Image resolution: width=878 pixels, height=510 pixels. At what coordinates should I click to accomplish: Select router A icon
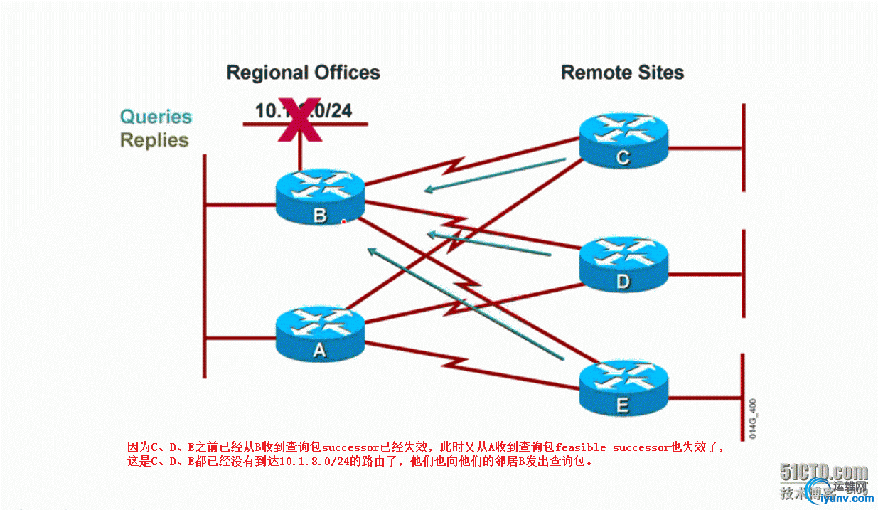[x=320, y=333]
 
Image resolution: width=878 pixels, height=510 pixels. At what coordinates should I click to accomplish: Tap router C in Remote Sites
[x=623, y=141]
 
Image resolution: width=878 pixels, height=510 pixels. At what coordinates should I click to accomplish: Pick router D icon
[x=623, y=264]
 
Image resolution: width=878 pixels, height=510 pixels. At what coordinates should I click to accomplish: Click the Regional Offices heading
[x=303, y=73]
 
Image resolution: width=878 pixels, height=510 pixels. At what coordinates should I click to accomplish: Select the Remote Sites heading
[x=622, y=73]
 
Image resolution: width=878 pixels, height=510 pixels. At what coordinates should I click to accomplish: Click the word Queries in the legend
[x=156, y=117]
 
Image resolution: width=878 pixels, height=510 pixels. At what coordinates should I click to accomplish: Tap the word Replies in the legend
[x=154, y=140]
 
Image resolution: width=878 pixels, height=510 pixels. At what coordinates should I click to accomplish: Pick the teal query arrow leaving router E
[x=465, y=302]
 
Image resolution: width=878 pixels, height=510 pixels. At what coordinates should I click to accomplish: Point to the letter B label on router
[x=320, y=216]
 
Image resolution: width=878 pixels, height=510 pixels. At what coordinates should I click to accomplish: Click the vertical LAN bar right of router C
[x=744, y=148]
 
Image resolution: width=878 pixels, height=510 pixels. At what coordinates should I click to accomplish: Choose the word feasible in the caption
[x=581, y=447]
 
